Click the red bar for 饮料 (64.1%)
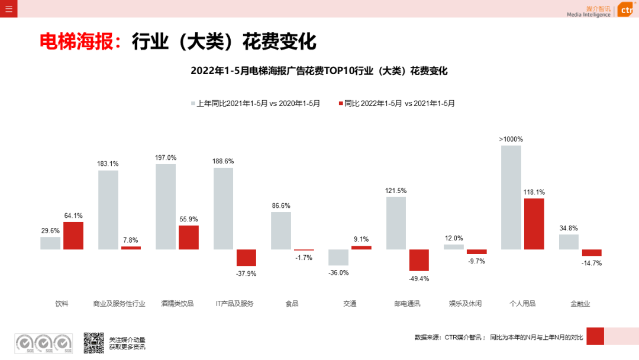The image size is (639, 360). (x=73, y=236)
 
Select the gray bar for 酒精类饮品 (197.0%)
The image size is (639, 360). (x=166, y=207)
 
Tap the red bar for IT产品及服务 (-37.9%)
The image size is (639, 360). (x=246, y=258)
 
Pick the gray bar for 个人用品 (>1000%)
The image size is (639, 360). (x=511, y=197)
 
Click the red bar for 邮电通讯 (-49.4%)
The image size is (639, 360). (x=419, y=260)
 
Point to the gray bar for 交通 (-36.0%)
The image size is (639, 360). (x=338, y=257)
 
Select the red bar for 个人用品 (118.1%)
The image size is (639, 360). (x=534, y=224)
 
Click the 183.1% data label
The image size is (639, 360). (x=108, y=164)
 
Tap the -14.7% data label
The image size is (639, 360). (x=592, y=263)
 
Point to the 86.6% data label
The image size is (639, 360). (x=281, y=205)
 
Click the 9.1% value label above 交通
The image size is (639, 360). (x=361, y=240)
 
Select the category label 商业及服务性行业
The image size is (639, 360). (x=119, y=304)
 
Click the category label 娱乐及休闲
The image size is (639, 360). (x=465, y=304)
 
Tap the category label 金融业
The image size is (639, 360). (x=580, y=304)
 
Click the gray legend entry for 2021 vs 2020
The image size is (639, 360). (x=255, y=103)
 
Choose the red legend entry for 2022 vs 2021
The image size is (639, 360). (x=396, y=103)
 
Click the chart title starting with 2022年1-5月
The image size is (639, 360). (x=319, y=71)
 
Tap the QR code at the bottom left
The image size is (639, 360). (x=93, y=342)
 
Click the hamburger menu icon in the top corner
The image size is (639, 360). (x=8, y=8)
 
